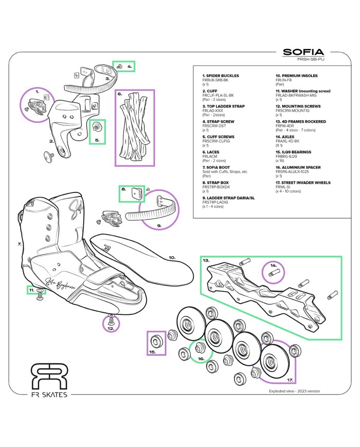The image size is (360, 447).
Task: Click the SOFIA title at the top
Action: point(303,52)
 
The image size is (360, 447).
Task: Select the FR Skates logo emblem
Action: point(49,377)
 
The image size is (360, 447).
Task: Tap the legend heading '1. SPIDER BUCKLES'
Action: point(220,76)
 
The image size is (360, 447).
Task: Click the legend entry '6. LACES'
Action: point(212,152)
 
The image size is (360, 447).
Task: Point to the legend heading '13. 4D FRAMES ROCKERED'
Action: point(301,122)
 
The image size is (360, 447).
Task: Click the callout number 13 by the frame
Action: point(206,261)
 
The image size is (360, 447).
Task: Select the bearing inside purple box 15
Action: point(155,341)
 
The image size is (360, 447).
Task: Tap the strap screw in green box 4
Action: point(119,66)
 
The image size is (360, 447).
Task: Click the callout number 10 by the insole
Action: point(172,257)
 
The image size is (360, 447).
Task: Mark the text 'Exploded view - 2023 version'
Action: point(294,391)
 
